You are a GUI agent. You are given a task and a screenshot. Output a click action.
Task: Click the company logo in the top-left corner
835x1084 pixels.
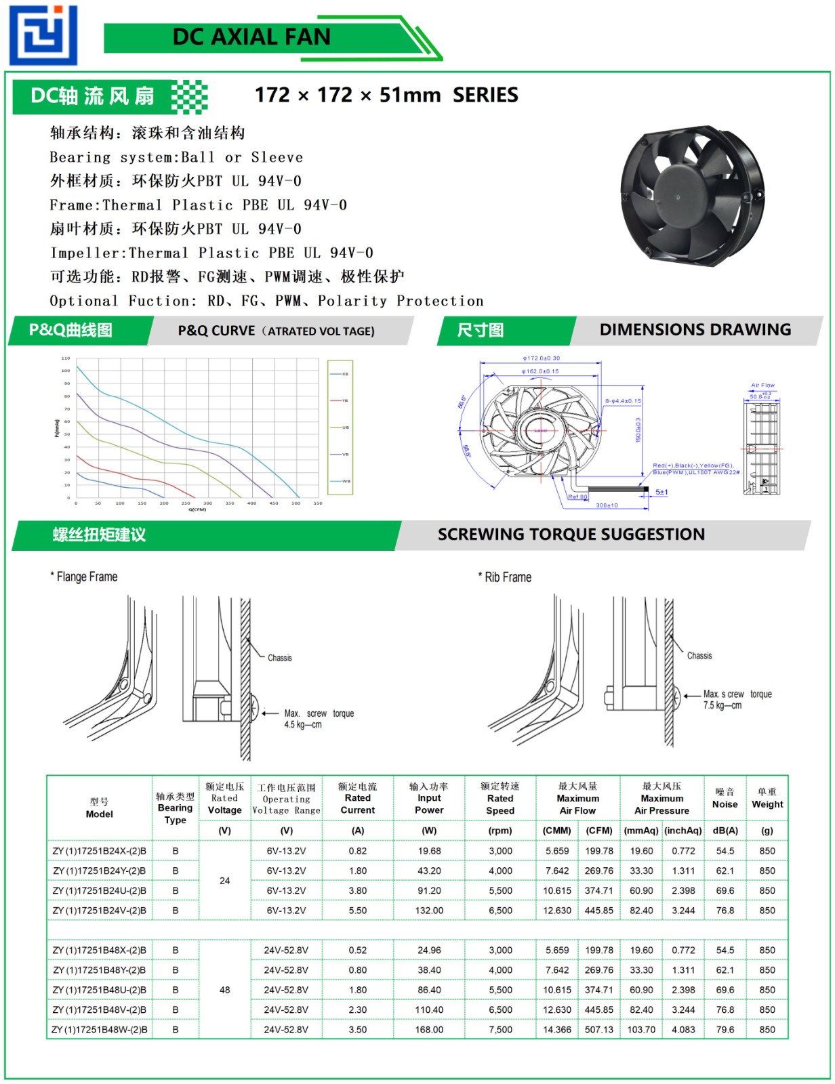pyautogui.click(x=43, y=35)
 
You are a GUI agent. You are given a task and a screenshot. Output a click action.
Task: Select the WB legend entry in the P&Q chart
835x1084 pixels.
pyautogui.click(x=346, y=481)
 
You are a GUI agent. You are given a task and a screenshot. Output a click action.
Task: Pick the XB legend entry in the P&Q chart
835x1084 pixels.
pyautogui.click(x=345, y=374)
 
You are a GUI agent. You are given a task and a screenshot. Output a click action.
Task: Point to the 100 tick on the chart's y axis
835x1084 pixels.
pyautogui.click(x=66, y=371)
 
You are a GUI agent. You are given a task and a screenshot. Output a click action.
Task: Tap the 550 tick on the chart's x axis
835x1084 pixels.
pyautogui.click(x=318, y=503)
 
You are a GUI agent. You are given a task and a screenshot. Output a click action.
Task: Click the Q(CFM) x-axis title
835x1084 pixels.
pyautogui.click(x=197, y=509)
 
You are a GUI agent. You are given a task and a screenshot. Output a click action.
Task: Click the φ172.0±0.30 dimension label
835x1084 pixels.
pyautogui.click(x=541, y=358)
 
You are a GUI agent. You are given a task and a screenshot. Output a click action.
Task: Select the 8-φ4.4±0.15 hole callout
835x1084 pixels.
pyautogui.click(x=622, y=401)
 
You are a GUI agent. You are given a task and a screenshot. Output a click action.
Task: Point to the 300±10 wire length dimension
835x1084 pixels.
pyautogui.click(x=607, y=505)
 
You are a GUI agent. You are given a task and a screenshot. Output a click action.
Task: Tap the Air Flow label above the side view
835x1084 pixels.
pyautogui.click(x=762, y=385)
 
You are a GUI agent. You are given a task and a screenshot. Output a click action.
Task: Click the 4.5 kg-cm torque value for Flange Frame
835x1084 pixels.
pyautogui.click(x=303, y=725)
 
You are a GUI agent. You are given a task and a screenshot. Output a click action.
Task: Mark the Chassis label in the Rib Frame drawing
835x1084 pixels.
pyautogui.click(x=699, y=656)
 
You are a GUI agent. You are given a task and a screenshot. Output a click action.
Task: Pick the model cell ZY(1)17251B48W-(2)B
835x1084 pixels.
pyautogui.click(x=100, y=1030)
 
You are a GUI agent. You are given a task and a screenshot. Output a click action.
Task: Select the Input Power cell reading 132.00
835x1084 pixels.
pyautogui.click(x=429, y=911)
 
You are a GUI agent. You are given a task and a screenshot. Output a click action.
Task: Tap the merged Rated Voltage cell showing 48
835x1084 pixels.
pyautogui.click(x=225, y=990)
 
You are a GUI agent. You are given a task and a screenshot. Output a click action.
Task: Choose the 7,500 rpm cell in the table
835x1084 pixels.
pyautogui.click(x=500, y=1030)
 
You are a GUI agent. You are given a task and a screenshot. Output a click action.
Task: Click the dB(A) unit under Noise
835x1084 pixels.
pyautogui.click(x=725, y=831)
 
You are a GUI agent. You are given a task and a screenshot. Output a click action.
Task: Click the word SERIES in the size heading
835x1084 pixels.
pyautogui.click(x=485, y=96)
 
